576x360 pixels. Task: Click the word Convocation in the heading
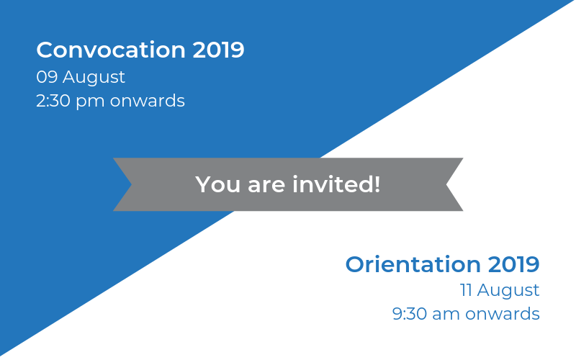point(111,50)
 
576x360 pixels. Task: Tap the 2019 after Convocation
point(219,50)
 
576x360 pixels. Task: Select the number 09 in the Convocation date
point(47,77)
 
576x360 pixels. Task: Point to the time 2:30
point(53,101)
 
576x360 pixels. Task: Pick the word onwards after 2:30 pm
point(148,101)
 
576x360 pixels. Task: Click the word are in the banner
point(266,186)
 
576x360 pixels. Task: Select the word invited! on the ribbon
point(336,184)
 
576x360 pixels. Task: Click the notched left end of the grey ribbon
point(131,184)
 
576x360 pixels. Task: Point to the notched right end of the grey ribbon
point(446,184)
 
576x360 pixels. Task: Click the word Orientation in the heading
point(413,264)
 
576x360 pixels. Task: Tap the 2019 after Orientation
point(513,264)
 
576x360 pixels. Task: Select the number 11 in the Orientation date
point(466,290)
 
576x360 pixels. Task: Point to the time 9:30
point(410,314)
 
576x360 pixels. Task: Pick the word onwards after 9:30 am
point(502,314)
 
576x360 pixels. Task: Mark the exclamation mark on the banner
point(377,184)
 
